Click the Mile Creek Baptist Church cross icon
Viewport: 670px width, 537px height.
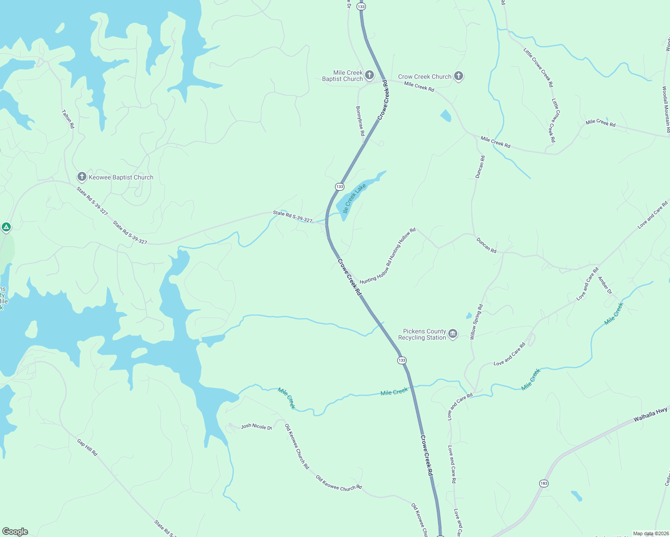(369, 75)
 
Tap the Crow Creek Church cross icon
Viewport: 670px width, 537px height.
(458, 76)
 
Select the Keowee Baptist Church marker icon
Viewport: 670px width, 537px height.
(82, 177)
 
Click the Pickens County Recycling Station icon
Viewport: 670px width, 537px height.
(453, 334)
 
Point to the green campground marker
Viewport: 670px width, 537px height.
(6, 227)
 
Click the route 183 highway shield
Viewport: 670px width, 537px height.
(543, 483)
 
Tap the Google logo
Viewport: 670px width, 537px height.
(15, 531)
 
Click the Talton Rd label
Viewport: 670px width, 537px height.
(68, 119)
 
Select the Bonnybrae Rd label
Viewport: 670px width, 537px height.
(361, 121)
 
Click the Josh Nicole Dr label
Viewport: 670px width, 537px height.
(256, 426)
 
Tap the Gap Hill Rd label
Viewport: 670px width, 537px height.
(87, 447)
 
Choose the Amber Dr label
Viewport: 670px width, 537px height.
(605, 285)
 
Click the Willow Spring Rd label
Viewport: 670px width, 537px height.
(477, 322)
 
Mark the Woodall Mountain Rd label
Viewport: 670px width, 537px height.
(666, 110)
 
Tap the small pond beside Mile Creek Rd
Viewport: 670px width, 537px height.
(446, 115)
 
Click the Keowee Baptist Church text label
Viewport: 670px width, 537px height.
(121, 177)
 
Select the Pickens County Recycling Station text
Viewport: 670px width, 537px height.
(422, 334)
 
